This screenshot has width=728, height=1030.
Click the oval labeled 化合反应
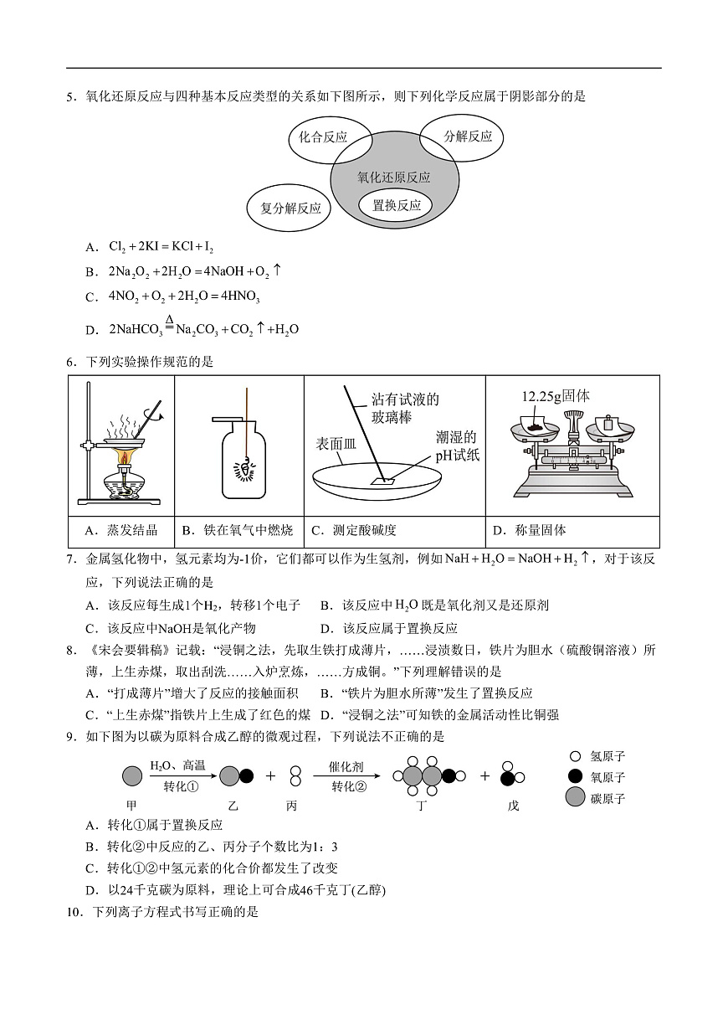tap(322, 137)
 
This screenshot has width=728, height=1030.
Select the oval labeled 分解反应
tap(468, 136)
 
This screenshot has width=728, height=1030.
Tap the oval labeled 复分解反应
tap(290, 209)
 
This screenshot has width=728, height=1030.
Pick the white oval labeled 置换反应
tap(396, 205)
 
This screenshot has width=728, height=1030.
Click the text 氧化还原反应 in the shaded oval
tap(394, 178)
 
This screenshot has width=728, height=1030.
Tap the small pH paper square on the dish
tap(386, 481)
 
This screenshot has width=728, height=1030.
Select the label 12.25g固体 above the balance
tap(555, 396)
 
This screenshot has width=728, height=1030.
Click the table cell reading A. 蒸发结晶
tap(121, 530)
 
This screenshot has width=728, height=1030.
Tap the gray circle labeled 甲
tap(131, 775)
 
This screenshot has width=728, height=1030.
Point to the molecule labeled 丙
tap(295, 775)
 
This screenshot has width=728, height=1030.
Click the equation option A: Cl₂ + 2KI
tap(161, 247)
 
